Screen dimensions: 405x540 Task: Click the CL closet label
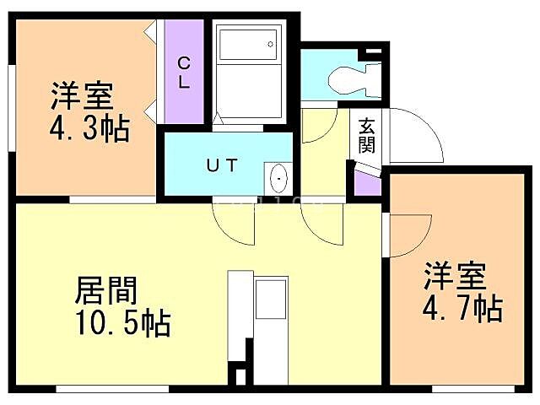click(x=183, y=73)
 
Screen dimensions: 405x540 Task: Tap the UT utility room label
click(x=223, y=165)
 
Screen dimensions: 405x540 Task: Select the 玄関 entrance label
click(x=367, y=135)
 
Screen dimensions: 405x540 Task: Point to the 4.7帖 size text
click(x=462, y=306)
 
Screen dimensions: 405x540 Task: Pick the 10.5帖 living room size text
click(x=121, y=321)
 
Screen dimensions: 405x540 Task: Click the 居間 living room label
click(x=106, y=291)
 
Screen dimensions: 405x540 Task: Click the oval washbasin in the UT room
click(x=278, y=178)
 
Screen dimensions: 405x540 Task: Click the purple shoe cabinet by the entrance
click(x=366, y=182)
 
